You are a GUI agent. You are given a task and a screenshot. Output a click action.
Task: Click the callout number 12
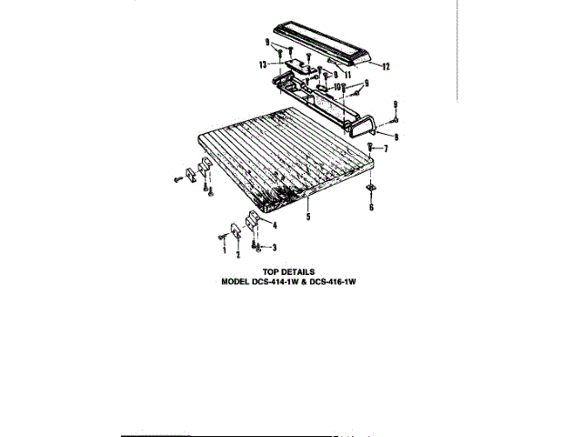click(386, 66)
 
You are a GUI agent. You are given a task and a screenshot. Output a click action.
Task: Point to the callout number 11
click(347, 73)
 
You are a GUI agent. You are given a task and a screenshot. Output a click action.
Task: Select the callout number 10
click(338, 86)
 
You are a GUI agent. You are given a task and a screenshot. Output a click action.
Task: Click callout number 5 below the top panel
click(308, 216)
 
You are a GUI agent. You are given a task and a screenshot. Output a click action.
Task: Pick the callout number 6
click(370, 208)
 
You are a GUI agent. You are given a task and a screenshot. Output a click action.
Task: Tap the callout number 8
click(396, 137)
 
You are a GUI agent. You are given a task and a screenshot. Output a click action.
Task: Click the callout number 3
click(275, 247)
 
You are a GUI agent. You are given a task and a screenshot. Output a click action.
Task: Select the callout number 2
click(238, 255)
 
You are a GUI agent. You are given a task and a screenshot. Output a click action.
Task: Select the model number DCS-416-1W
click(347, 281)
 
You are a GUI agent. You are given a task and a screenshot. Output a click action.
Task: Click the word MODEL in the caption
click(238, 281)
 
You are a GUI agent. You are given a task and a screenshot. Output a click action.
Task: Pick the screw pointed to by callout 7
click(370, 147)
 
